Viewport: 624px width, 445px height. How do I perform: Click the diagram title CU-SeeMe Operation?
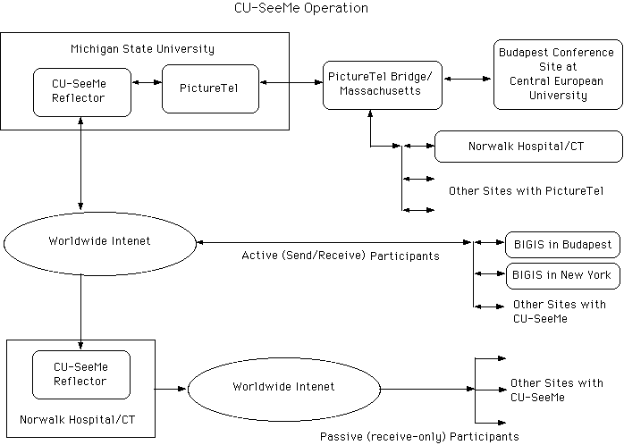click(299, 9)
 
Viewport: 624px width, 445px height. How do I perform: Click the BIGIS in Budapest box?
click(562, 244)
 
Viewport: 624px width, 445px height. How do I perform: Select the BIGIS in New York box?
click(562, 274)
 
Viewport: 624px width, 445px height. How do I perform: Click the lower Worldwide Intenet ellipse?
click(283, 387)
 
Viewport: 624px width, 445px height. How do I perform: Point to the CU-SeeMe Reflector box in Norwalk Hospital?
click(80, 374)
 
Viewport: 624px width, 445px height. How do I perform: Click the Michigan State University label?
click(142, 48)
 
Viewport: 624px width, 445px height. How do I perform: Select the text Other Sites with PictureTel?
click(527, 190)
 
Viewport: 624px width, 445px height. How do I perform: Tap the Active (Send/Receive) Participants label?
click(341, 256)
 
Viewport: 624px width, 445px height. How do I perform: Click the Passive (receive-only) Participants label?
click(419, 436)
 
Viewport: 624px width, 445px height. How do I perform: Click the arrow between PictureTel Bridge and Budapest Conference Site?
click(468, 79)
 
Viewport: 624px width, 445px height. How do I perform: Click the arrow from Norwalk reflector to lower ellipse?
click(171, 389)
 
